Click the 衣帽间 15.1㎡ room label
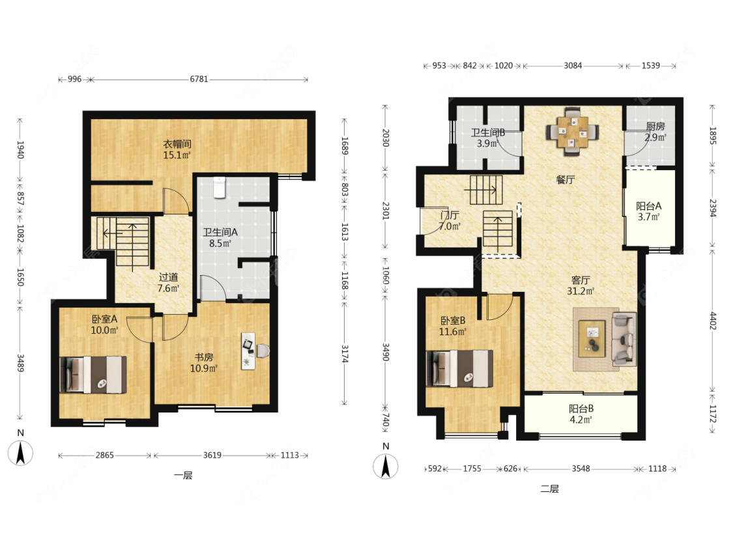point(177,149)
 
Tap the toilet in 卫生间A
point(219,187)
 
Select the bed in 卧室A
point(93,375)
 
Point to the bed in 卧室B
point(459,369)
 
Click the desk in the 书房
point(248,351)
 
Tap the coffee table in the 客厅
point(592,339)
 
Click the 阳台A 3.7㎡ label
point(649,211)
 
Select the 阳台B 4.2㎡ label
point(581,414)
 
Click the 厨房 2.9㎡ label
point(655,132)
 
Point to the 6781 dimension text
point(199,79)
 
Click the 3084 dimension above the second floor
point(573,65)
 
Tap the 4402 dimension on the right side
point(712,321)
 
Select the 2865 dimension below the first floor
point(105,455)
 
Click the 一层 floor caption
point(183,476)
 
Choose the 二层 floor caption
point(550,489)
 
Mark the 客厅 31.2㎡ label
point(581,285)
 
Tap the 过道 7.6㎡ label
point(168,282)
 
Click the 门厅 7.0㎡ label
point(450,221)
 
